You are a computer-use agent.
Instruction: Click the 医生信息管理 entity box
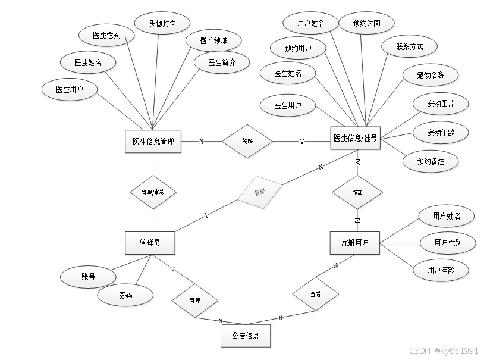pos(153,142)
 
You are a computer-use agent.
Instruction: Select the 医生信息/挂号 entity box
pos(355,139)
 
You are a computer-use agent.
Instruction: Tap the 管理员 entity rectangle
pos(150,243)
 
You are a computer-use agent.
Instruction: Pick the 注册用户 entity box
pos(355,243)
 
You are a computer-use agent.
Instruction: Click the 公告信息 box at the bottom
pos(245,336)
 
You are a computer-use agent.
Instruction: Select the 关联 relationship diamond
pos(247,142)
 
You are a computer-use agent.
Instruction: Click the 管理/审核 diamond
pos(153,192)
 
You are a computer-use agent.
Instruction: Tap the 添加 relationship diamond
pos(357,193)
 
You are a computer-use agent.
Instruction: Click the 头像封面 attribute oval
pos(162,23)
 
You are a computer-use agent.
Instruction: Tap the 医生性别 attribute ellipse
pos(106,35)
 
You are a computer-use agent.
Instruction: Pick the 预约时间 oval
pos(366,23)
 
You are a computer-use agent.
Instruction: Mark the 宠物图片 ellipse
pos(440,104)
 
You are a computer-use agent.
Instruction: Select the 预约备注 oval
pos(431,161)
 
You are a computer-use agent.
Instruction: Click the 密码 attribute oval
pos(125,295)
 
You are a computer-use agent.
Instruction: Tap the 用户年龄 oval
pos(441,270)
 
